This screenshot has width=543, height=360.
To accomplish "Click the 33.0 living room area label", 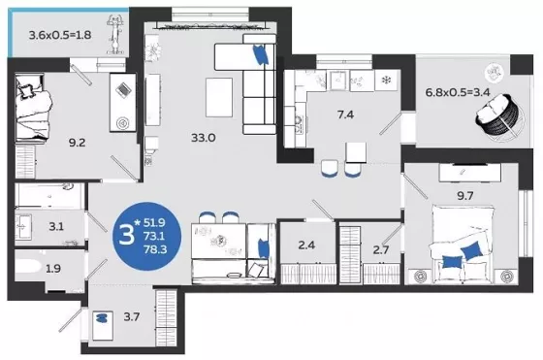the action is [204, 138].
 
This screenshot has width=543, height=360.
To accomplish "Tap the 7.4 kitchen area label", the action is [345, 115].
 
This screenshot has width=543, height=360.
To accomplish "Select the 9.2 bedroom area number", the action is [77, 143].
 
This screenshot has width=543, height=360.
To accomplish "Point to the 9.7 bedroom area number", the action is [465, 196].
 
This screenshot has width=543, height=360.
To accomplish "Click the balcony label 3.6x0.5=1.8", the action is [60, 35].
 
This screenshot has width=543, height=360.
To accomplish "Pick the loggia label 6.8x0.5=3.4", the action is [457, 92].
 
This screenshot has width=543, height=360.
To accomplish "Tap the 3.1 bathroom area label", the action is [56, 227].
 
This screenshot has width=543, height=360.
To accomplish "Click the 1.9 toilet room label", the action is [53, 268].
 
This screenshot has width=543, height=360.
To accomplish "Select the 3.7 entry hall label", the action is [132, 316].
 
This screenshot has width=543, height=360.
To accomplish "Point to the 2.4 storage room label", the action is [306, 245].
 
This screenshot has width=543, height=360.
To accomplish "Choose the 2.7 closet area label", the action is [381, 249].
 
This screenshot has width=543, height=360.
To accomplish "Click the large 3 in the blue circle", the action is [126, 235].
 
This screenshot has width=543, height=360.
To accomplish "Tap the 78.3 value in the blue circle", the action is [155, 249].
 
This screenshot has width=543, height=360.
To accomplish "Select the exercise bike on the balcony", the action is [115, 34].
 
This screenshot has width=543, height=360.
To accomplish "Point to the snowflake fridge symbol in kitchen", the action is [386, 81].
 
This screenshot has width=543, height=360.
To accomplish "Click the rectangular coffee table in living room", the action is [219, 97].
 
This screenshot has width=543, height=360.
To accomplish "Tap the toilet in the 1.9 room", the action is [28, 268].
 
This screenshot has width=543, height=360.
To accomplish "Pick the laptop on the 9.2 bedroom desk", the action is [123, 90].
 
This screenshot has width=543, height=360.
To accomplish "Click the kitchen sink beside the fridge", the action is [337, 81].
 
